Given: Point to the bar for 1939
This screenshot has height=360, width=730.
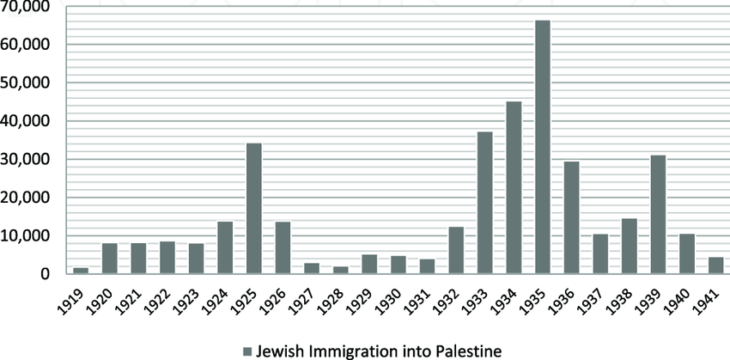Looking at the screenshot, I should [659, 215].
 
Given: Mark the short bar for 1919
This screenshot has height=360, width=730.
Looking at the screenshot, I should [81, 271].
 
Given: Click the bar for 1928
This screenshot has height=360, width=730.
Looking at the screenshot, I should [341, 270].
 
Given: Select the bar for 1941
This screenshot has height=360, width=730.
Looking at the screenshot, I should [716, 265].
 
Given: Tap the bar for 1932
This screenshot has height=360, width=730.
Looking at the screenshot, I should [456, 250].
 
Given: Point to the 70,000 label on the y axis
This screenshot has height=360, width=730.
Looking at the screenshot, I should [25, 7].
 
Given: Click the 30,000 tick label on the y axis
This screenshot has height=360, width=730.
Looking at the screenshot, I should [25, 160].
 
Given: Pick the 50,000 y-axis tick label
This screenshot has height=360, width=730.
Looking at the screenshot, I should [25, 83].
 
